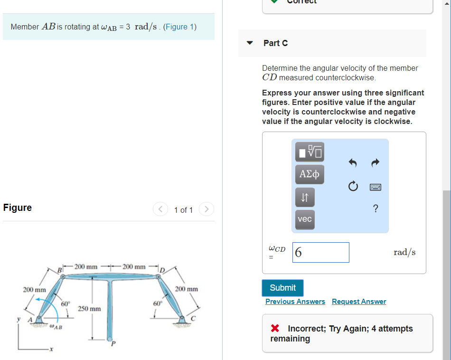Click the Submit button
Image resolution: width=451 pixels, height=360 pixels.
(x=282, y=288)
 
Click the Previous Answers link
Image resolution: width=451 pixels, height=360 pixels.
(x=295, y=302)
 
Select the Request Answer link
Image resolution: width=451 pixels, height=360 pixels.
(x=359, y=302)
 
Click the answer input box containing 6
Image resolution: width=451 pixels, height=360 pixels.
(x=321, y=252)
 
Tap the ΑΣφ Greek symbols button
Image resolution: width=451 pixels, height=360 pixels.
(x=310, y=174)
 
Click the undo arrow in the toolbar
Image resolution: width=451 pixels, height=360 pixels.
(x=352, y=163)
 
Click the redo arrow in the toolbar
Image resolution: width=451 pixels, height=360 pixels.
(x=375, y=163)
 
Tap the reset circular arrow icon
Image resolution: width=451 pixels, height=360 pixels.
(x=353, y=187)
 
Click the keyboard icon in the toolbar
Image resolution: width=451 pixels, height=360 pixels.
(x=376, y=187)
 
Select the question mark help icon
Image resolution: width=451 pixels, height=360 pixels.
(x=376, y=208)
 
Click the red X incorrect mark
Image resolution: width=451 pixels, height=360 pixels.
(x=274, y=329)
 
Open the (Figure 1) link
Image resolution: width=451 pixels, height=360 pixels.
(x=179, y=27)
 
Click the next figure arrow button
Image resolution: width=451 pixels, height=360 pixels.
(x=207, y=209)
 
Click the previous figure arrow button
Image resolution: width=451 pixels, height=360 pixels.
(x=160, y=209)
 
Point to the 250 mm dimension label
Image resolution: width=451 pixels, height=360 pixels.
(x=89, y=309)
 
